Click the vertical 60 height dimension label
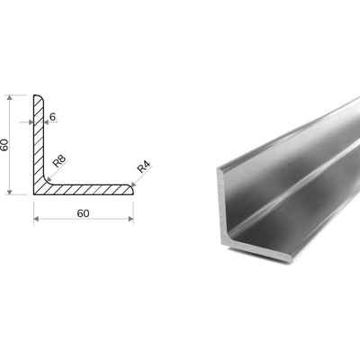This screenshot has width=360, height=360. [x=5, y=145]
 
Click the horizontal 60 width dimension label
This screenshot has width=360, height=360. [x=83, y=213]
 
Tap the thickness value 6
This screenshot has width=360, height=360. [x=52, y=117]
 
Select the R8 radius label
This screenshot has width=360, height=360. [x=59, y=161]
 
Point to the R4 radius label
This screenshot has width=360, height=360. [x=143, y=167]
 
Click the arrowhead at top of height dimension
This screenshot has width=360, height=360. [x=10, y=98]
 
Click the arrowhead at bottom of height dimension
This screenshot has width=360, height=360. [x=10, y=192]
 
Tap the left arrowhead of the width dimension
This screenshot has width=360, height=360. [x=36, y=219]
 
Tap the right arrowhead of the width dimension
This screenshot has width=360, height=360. [x=130, y=219]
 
